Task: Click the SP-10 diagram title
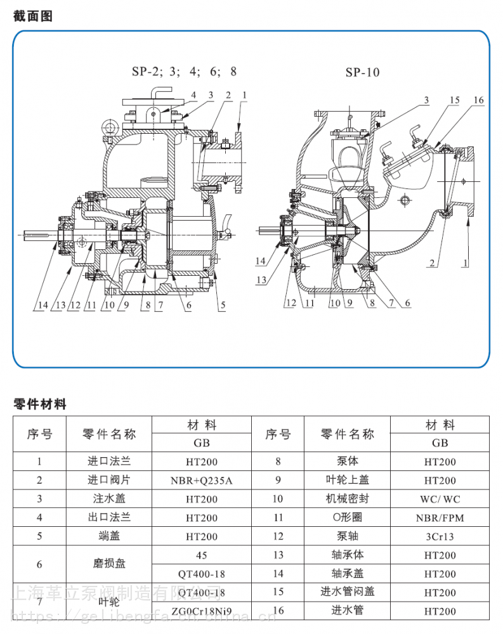(362, 72)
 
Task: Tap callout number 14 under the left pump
(41, 306)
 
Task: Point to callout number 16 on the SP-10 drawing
(478, 100)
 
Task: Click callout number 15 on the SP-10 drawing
(454, 100)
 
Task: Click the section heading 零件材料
(39, 404)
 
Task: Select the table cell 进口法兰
(109, 462)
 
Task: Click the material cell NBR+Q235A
(202, 481)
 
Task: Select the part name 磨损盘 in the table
(109, 564)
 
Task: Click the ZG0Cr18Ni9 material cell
(202, 611)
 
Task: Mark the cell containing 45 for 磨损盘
(202, 555)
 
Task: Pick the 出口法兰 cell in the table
(109, 518)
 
